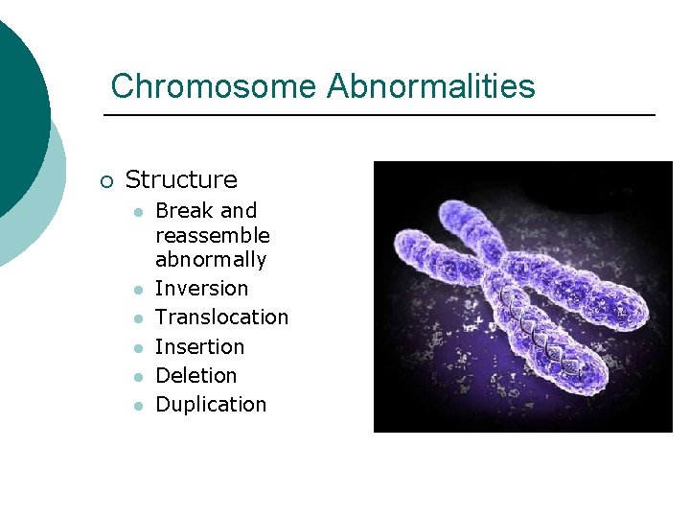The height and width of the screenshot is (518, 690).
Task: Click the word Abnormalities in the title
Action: point(430,86)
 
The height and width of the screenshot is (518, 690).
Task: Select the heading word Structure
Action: point(181,179)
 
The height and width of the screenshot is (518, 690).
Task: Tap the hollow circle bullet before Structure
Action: point(105,181)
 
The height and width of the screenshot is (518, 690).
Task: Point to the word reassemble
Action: point(212,236)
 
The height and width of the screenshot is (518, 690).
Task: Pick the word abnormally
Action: point(211,260)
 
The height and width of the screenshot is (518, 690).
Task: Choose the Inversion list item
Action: point(201,289)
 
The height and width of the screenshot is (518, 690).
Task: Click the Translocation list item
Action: point(221,318)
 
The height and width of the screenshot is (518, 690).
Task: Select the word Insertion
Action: point(199,346)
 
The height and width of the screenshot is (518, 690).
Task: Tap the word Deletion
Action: point(195,375)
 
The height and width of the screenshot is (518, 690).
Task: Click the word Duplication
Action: point(211,405)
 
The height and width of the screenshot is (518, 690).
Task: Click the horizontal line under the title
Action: point(379,116)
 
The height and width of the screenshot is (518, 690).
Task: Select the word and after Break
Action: point(239,210)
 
